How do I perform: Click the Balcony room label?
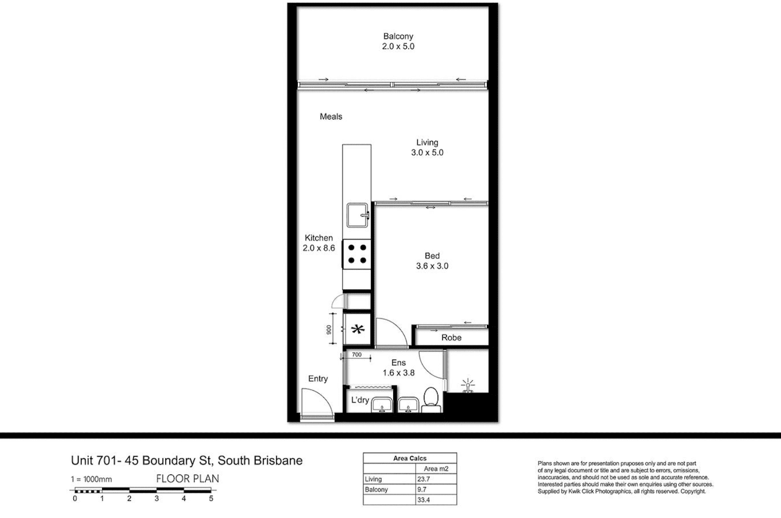(x=398, y=36)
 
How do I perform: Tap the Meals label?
(x=331, y=116)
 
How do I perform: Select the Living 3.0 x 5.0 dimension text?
(x=427, y=152)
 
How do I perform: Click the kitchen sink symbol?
(x=358, y=215)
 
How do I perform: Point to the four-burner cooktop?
(x=357, y=254)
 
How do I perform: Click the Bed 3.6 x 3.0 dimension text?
(x=432, y=266)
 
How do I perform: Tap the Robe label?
(x=451, y=337)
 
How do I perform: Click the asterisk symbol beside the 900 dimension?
(x=358, y=329)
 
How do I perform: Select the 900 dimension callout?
(x=329, y=330)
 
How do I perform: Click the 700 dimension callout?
(x=357, y=355)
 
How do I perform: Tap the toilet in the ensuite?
(x=431, y=400)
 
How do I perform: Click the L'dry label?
(x=360, y=400)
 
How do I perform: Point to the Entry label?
(x=318, y=379)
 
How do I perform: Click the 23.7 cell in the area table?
(x=423, y=480)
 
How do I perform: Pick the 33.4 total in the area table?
(x=423, y=500)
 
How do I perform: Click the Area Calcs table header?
(x=409, y=459)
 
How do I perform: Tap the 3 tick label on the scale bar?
(x=157, y=498)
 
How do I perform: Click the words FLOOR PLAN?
(x=187, y=478)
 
